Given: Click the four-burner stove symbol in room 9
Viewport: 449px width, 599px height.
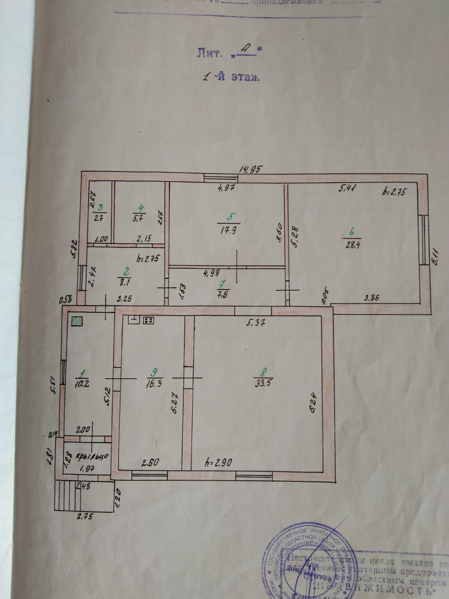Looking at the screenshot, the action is pos(149,320).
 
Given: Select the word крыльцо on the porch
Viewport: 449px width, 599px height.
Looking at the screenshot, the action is pos(92,456).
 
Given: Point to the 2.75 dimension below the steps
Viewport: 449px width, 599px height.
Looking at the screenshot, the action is pos(85,517).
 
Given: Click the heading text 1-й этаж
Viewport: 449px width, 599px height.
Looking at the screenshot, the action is pos(230,78).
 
